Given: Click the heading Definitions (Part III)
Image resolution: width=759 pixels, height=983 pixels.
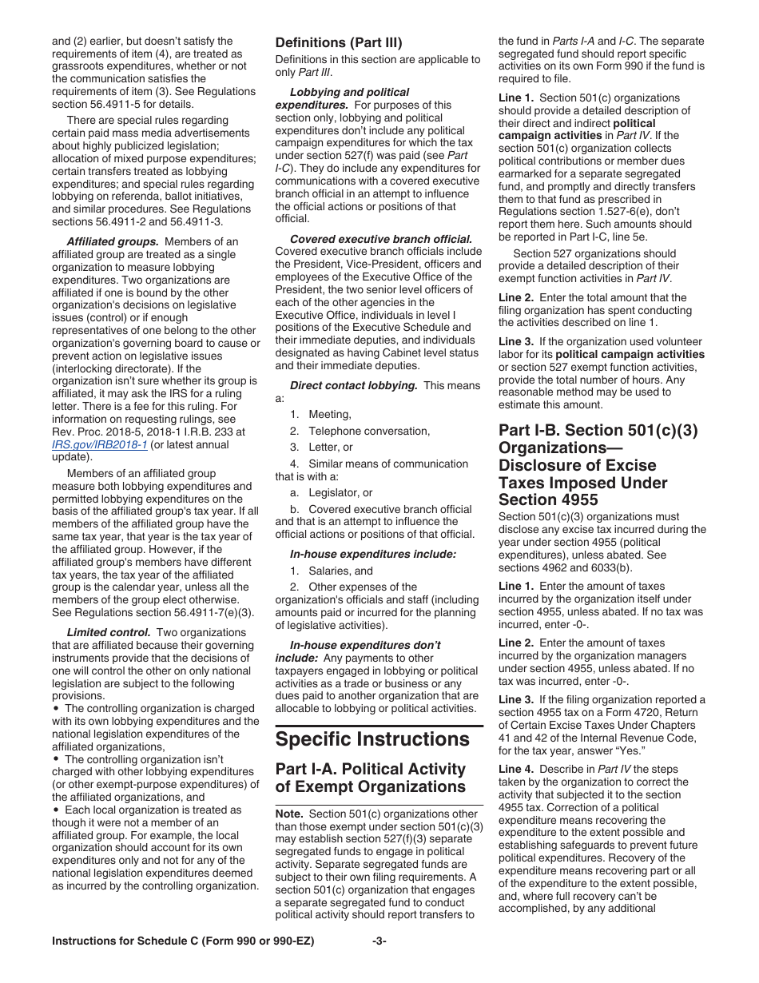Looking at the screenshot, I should (339, 42).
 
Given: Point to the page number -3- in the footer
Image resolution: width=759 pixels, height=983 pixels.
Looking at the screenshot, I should (379, 941).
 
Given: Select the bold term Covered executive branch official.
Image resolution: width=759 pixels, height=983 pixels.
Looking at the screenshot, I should (381, 239).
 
